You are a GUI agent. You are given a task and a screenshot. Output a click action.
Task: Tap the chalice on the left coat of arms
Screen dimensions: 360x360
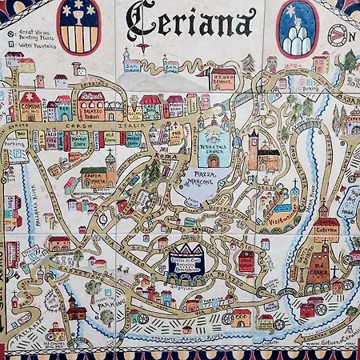pos(79,17)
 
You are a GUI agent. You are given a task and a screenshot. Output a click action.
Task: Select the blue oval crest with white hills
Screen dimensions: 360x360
pos(298,28)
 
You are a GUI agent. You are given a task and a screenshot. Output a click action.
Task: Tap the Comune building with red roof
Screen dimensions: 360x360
pos(30,107)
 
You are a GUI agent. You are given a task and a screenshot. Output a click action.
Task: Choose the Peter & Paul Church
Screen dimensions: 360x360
pos(214,144)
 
